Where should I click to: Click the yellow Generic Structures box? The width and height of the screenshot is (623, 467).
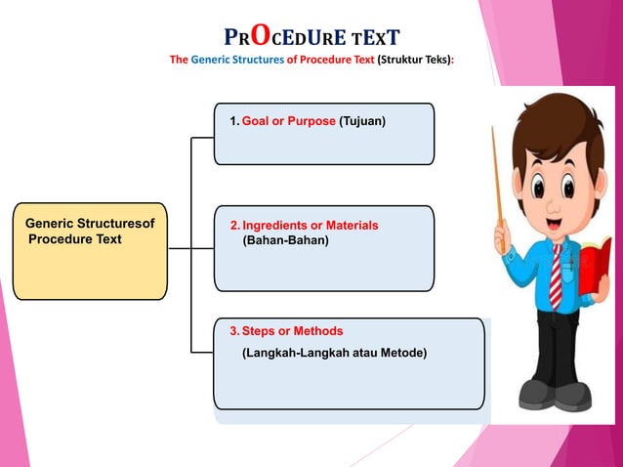90,251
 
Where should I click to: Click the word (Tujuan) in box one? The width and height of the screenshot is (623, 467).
362,122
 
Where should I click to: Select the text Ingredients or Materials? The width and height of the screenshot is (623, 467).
310,225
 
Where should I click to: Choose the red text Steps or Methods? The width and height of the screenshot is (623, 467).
292,331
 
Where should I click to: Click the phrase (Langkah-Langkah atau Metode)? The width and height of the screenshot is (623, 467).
334,352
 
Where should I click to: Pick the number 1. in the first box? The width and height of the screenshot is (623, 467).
233,122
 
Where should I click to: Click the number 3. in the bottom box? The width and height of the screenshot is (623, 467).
233,331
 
